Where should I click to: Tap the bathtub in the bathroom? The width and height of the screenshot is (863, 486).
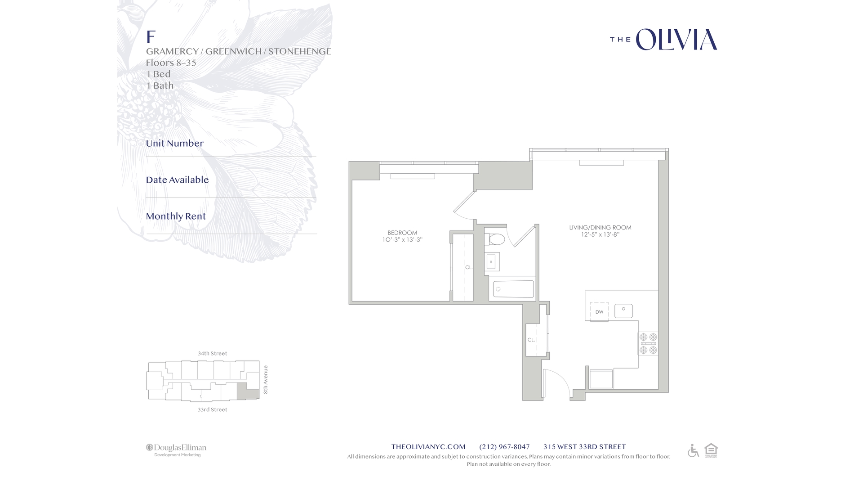point(513,289)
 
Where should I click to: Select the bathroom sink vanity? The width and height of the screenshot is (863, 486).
point(492,262)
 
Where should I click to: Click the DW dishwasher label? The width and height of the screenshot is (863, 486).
point(599,312)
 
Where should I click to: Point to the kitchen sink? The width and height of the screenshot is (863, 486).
point(623,310)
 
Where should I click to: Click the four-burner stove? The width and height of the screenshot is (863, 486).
point(648,343)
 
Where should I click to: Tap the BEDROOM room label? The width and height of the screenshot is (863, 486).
point(402,233)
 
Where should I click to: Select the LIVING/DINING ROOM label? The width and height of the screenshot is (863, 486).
point(600,228)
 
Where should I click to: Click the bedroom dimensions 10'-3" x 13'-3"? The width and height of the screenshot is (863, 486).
point(402,240)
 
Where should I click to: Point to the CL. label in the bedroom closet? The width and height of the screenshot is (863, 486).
point(469,267)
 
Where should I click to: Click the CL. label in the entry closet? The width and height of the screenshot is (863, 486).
point(531,340)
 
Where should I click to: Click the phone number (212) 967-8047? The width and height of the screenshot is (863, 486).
point(504,447)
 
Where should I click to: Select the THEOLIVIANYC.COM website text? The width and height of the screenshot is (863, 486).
point(428,447)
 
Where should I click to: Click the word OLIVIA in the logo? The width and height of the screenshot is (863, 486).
point(676,40)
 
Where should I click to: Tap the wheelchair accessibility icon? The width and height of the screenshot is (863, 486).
point(693,450)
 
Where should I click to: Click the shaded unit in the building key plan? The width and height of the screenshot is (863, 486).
point(248,391)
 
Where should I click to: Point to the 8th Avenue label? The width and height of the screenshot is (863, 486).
point(266,380)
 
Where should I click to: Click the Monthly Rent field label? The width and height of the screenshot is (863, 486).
point(176,216)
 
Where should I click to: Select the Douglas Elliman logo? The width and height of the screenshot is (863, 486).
point(176,450)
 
